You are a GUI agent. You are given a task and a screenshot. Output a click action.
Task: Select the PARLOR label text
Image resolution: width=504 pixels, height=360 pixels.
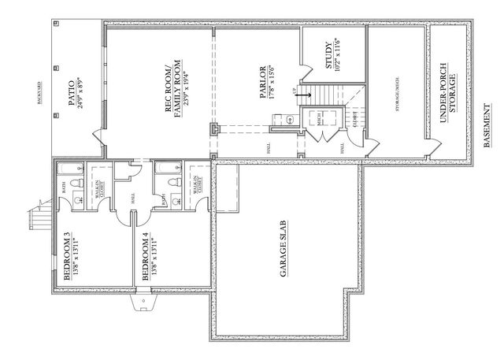(263, 79)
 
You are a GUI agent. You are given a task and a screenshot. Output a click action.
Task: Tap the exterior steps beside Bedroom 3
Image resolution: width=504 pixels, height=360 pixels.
(38, 215)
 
